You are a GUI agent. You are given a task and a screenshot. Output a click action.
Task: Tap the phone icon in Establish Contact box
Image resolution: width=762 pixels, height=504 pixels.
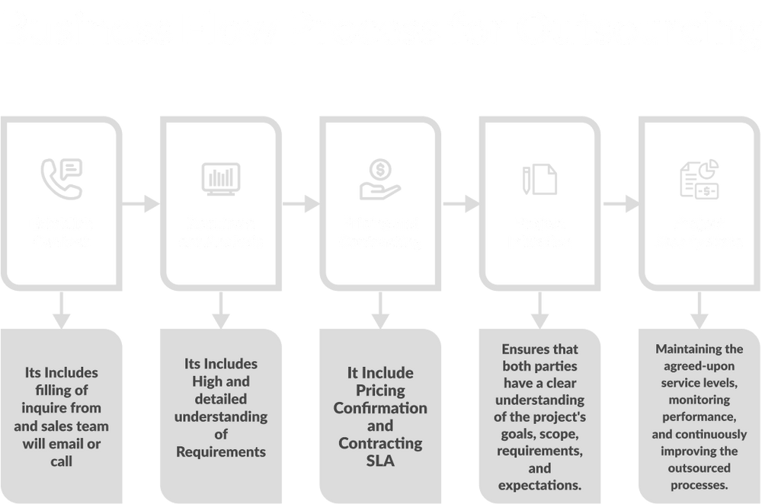(62, 176)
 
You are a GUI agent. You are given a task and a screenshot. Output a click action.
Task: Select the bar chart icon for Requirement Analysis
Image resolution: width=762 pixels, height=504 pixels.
(221, 177)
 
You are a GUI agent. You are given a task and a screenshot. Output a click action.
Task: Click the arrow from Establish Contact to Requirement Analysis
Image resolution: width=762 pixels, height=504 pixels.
(142, 203)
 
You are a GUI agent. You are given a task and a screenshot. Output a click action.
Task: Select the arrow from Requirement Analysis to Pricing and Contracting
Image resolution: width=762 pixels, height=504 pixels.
(302, 203)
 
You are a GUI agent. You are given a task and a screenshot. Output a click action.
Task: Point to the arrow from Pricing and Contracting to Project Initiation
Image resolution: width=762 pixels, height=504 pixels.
(461, 203)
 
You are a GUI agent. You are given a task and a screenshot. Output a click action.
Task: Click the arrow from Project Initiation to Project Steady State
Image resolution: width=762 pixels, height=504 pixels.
(621, 203)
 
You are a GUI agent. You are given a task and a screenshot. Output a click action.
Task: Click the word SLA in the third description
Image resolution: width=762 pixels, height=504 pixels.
(379, 461)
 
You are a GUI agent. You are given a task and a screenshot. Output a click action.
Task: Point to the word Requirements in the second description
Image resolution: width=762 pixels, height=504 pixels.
(221, 451)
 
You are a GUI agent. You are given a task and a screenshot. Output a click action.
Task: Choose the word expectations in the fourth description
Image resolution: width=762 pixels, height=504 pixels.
(540, 485)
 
